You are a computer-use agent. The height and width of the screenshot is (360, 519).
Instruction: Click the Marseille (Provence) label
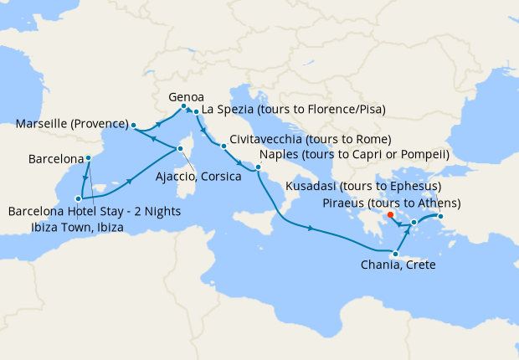(71, 125)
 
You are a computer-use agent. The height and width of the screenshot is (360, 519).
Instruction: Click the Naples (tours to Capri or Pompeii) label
(355, 155)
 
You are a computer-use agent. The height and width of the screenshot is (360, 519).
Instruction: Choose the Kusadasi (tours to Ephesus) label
(363, 186)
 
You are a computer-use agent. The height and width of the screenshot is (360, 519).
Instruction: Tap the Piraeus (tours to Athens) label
(391, 203)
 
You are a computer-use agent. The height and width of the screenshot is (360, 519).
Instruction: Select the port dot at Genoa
(183, 106)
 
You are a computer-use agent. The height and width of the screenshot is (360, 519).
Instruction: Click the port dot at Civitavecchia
(224, 147)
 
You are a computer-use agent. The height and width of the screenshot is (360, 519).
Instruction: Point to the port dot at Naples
(259, 168)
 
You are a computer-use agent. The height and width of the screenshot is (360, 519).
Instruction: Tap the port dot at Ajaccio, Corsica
(179, 150)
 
